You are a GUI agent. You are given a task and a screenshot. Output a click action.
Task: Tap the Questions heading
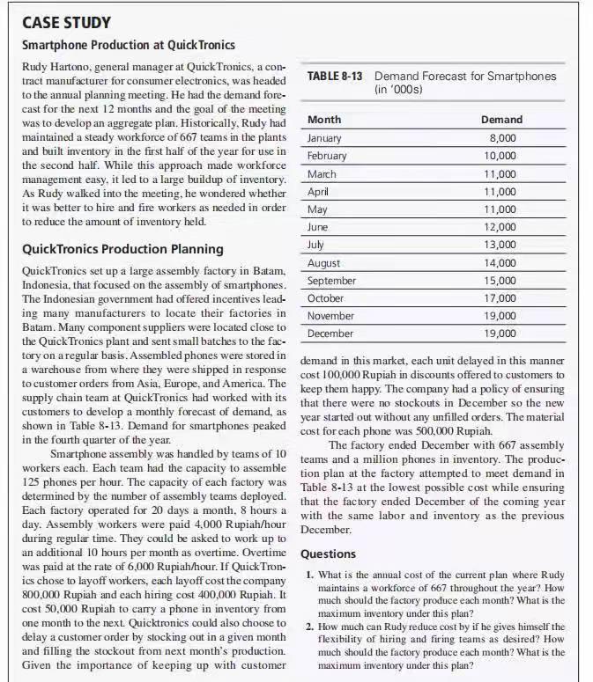tap(329, 554)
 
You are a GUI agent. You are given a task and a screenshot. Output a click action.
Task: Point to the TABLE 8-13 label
tap(335, 77)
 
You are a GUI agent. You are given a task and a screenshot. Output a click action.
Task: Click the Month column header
tap(325, 120)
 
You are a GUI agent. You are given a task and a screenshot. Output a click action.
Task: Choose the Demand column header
tap(501, 120)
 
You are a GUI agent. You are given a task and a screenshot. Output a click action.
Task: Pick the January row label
tap(325, 138)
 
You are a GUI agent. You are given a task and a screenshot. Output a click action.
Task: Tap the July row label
tap(316, 245)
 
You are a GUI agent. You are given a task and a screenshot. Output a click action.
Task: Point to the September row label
tap(332, 281)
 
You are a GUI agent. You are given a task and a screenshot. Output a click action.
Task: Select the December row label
tap(330, 334)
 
